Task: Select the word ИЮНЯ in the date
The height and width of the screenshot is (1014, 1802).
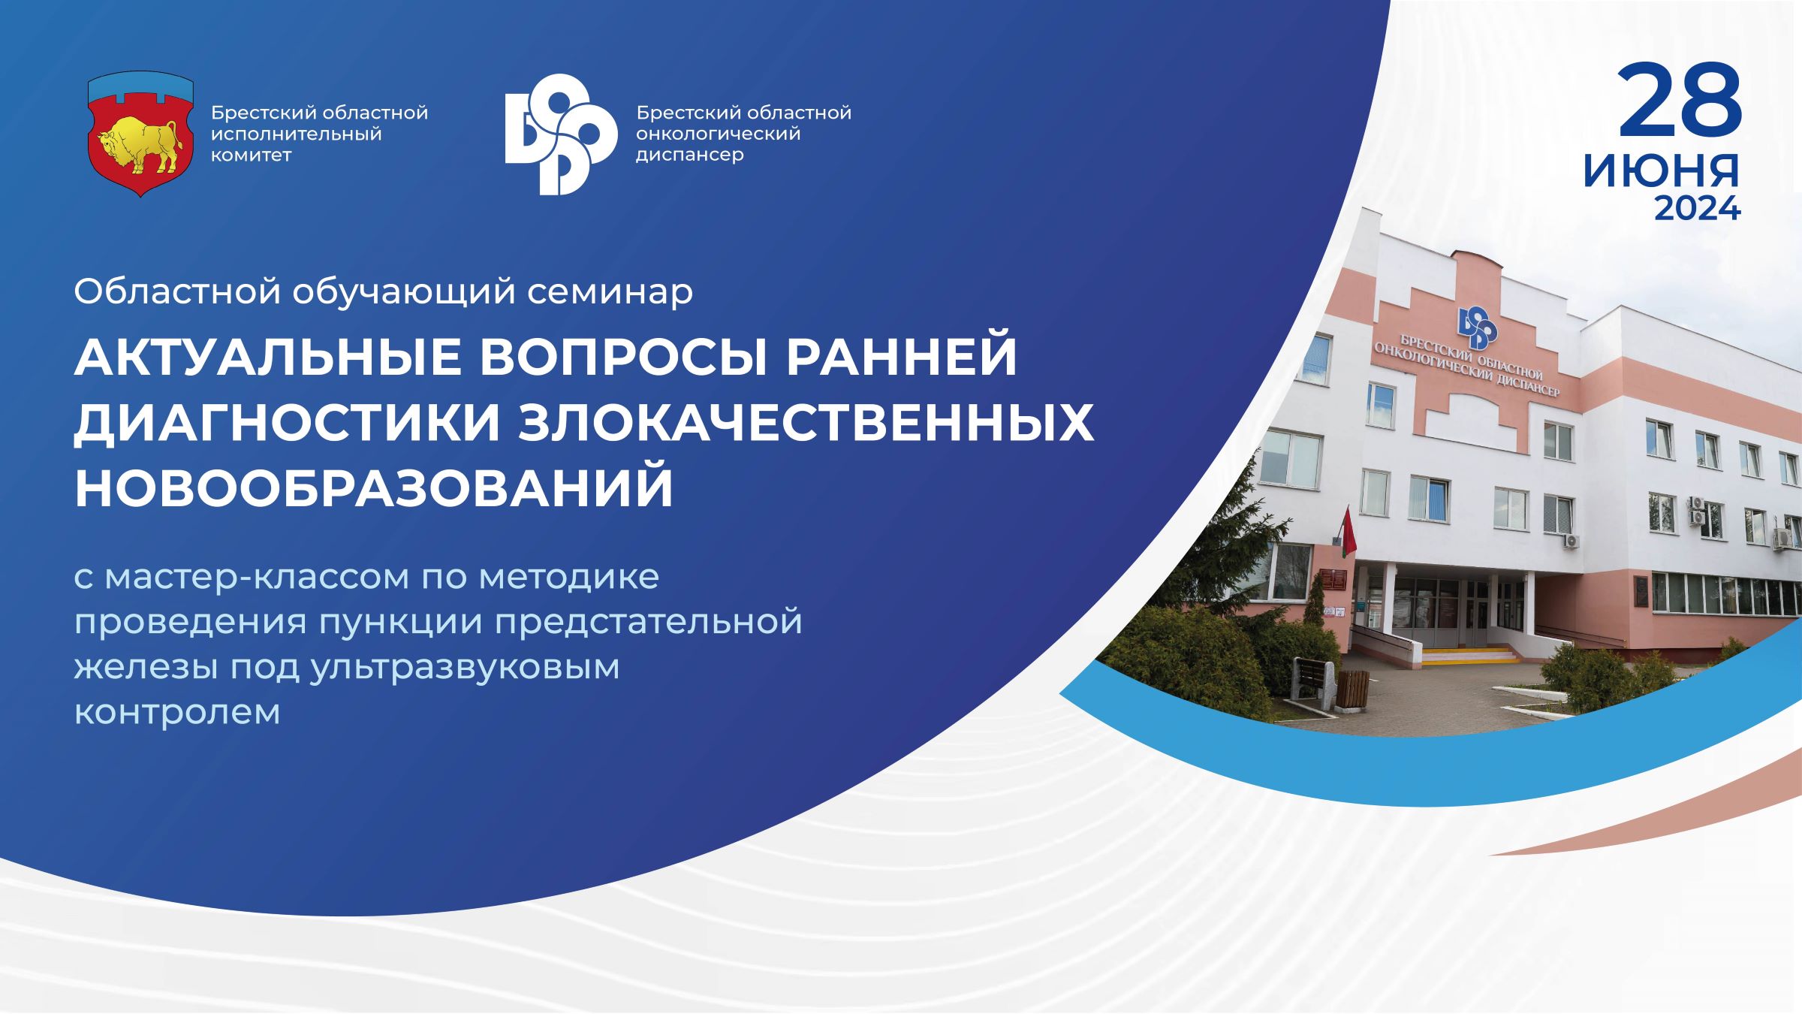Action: click(x=1661, y=172)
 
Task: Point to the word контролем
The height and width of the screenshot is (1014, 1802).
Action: click(x=177, y=712)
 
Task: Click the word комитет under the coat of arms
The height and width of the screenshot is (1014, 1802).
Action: click(x=251, y=155)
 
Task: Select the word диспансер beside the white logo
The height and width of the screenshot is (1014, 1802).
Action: click(x=690, y=155)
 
